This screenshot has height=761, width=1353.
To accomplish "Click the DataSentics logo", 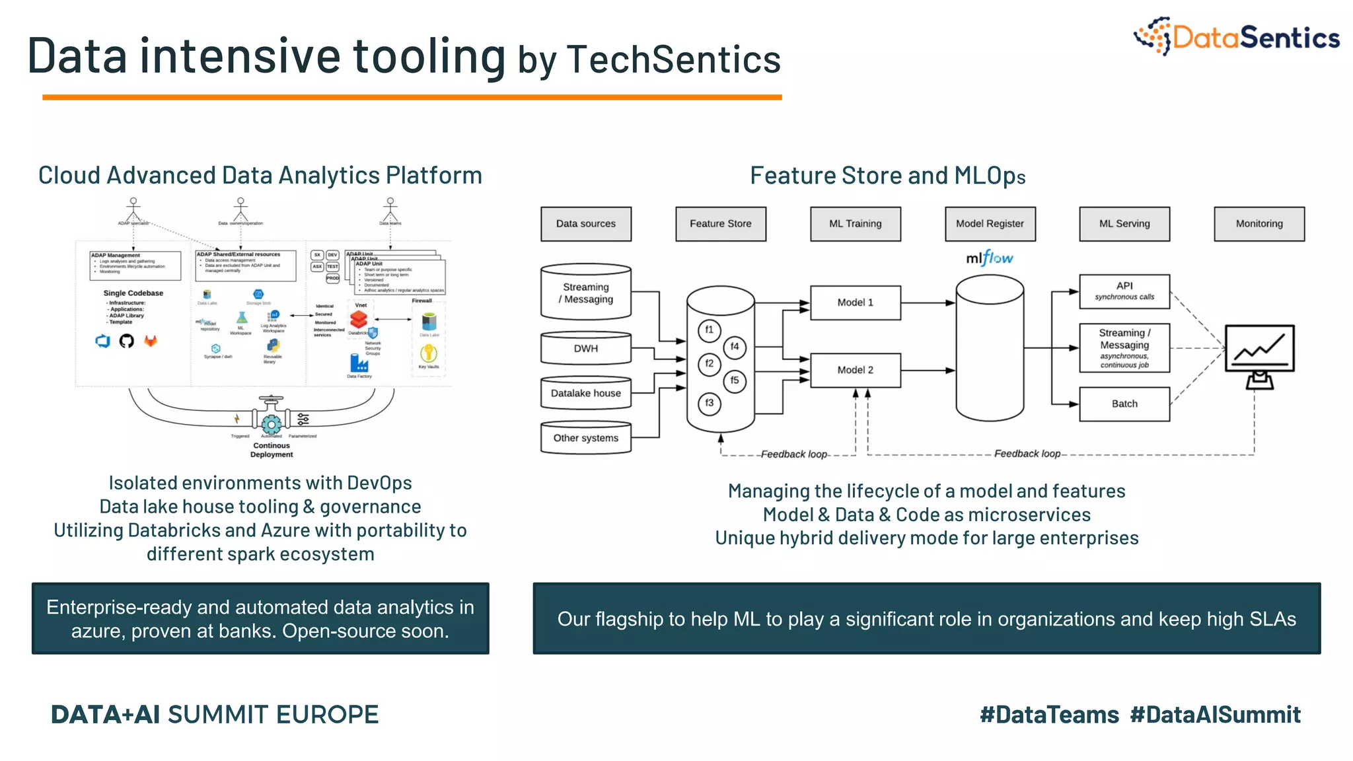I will click(1236, 37).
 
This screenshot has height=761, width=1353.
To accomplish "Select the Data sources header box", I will click(585, 224).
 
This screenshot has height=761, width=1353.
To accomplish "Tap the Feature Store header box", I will click(720, 224).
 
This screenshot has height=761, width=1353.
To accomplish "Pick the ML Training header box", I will click(855, 224).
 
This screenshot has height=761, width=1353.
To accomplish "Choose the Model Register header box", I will click(990, 224).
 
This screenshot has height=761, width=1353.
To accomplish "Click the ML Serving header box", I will click(1124, 224).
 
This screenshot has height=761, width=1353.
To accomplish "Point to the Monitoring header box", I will click(1259, 224).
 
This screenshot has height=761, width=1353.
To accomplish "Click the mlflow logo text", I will click(989, 258).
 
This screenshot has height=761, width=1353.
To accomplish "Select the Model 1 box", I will click(855, 303).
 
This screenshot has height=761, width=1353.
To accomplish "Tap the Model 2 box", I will click(855, 370).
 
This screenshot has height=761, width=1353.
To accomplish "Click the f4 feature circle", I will click(735, 347).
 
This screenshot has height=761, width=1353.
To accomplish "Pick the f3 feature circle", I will click(710, 403).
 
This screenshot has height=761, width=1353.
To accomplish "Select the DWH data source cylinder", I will click(585, 348).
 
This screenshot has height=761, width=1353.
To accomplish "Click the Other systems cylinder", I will click(585, 438).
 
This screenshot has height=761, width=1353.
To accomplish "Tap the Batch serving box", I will click(1124, 404).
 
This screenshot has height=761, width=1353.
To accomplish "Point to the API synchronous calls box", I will click(1124, 291).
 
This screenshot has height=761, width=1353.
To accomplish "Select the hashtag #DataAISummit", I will click(1215, 715).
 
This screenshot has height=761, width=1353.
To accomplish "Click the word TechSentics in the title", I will click(674, 59).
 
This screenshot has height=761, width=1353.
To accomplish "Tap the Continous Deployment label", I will click(272, 450).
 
